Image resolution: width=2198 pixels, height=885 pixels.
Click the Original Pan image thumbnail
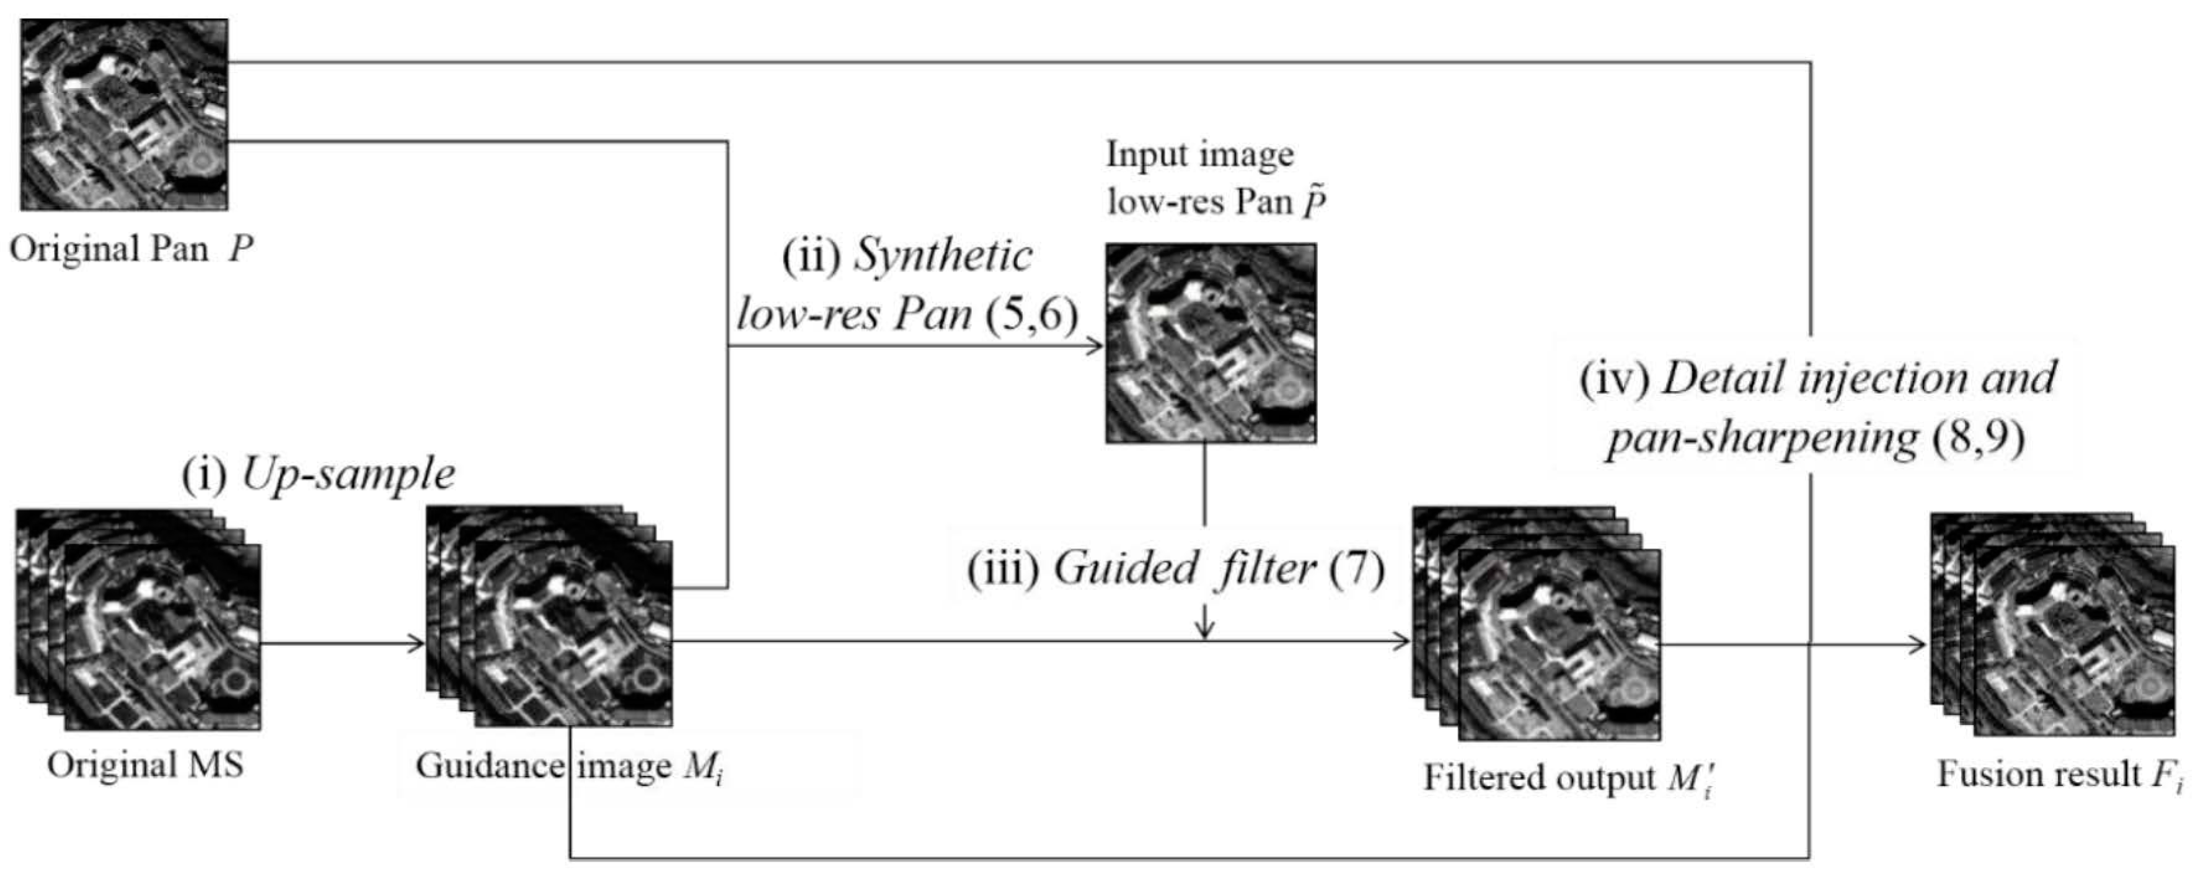coord(125,115)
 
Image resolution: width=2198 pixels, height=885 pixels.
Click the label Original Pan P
coord(131,249)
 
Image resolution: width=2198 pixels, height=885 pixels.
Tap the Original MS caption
coord(145,765)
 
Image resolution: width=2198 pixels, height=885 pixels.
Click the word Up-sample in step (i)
coord(348,475)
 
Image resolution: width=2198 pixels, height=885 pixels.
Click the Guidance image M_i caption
coord(569,767)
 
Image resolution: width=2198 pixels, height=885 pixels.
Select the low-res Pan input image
coord(1210,343)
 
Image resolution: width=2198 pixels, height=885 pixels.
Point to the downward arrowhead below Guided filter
coord(1204,632)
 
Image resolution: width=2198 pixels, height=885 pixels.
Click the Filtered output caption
coord(1568,777)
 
